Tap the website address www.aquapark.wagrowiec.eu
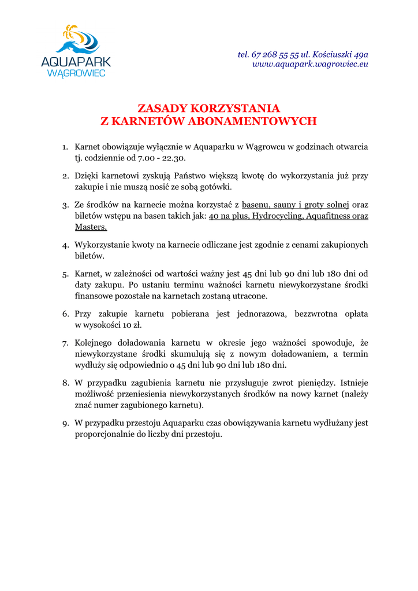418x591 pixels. pyautogui.click(x=310, y=64)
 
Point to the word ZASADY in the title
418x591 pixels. pyautogui.click(x=162, y=109)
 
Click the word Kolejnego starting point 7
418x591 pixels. pyautogui.click(x=95, y=343)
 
